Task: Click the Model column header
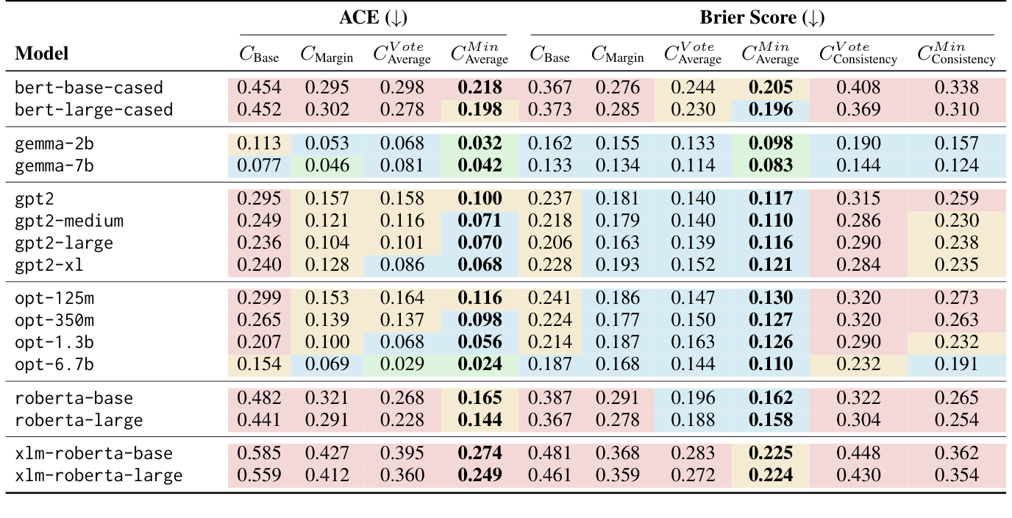pyautogui.click(x=42, y=54)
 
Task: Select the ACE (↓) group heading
pyautogui.click(x=373, y=18)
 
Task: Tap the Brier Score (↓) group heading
pyautogui.click(x=762, y=18)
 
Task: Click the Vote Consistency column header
pyautogui.click(x=858, y=54)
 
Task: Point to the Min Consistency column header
pyautogui.click(x=956, y=54)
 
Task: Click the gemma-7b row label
pyautogui.click(x=56, y=166)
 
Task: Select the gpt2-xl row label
pyautogui.click(x=51, y=265)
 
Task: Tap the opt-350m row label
pyautogui.click(x=55, y=320)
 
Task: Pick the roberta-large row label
pyautogui.click(x=79, y=420)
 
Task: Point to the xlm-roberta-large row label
pyautogui.click(x=99, y=475)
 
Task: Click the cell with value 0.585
pyautogui.click(x=259, y=453)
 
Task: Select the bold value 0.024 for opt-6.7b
pyautogui.click(x=480, y=365)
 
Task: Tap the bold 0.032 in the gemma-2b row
pyautogui.click(x=480, y=143)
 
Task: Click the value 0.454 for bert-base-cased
pyautogui.click(x=259, y=88)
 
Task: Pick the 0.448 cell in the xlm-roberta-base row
pyautogui.click(x=858, y=453)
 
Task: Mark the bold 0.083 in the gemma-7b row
pyautogui.click(x=771, y=166)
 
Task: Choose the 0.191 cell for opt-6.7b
pyautogui.click(x=956, y=365)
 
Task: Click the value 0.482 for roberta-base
pyautogui.click(x=259, y=398)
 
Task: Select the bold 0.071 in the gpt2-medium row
pyautogui.click(x=480, y=221)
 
